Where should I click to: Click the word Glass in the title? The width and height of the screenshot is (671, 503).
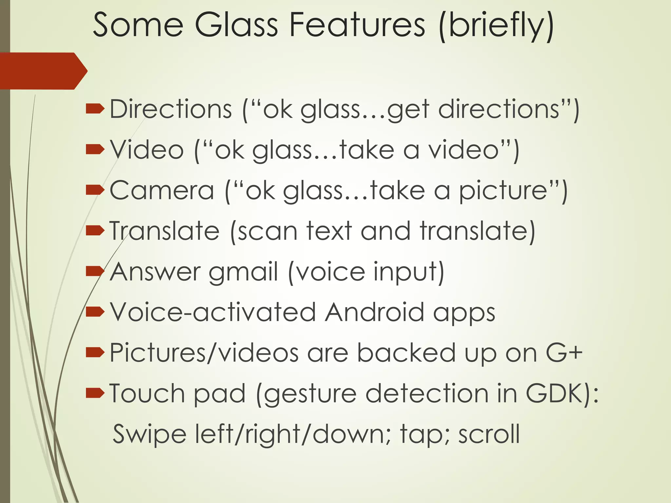point(236,25)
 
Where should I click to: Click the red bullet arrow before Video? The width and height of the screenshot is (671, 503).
point(95,150)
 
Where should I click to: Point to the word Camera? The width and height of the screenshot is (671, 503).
point(162,190)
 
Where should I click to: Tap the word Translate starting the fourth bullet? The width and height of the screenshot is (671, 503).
point(164,231)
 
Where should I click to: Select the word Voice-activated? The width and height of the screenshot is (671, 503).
point(213,312)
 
